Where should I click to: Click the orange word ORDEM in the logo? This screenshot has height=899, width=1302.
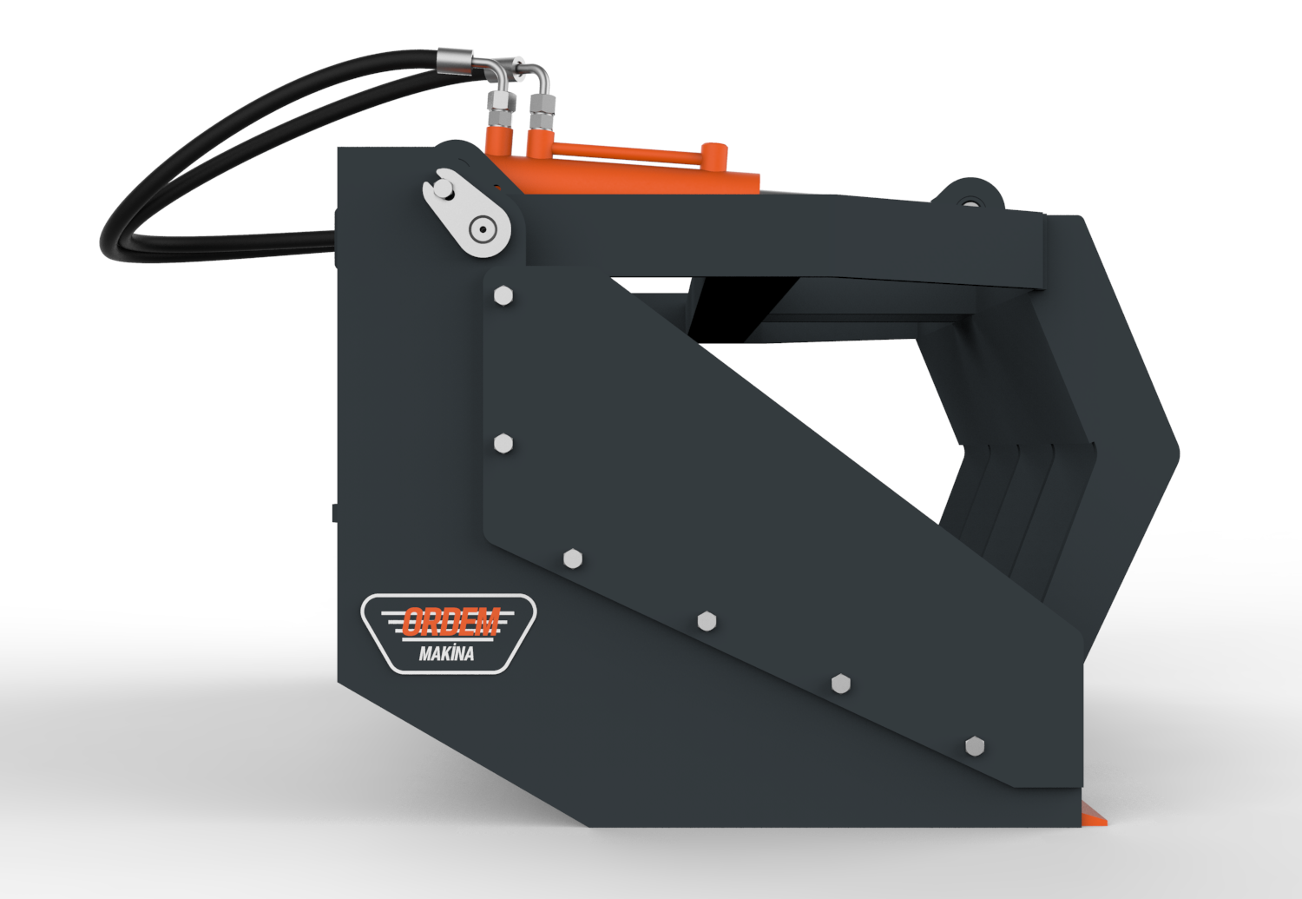[x=451, y=621]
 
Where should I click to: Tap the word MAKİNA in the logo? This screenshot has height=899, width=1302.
[x=446, y=653]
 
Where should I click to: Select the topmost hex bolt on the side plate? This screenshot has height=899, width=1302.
[x=503, y=296]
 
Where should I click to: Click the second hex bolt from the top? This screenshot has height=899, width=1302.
[x=503, y=444]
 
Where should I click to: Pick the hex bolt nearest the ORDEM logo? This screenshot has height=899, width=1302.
[x=573, y=559]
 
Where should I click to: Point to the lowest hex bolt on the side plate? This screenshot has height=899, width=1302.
[x=975, y=745]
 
